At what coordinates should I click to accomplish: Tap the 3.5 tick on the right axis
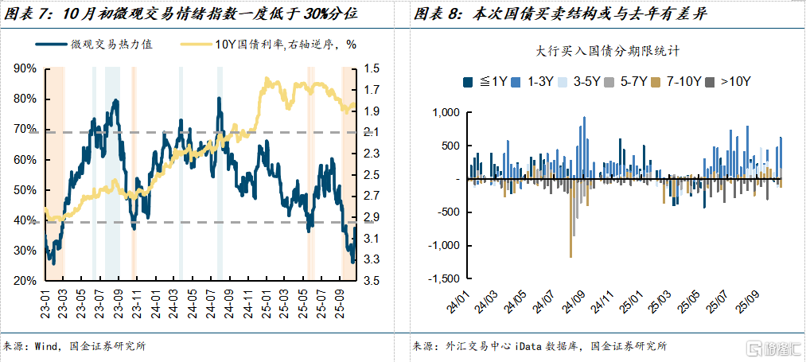click(372, 281)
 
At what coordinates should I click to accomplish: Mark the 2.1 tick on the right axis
click(372, 132)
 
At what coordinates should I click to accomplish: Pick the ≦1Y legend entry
click(485, 81)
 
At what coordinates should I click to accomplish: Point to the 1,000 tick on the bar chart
click(443, 113)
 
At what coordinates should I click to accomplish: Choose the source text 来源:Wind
click(76, 347)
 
